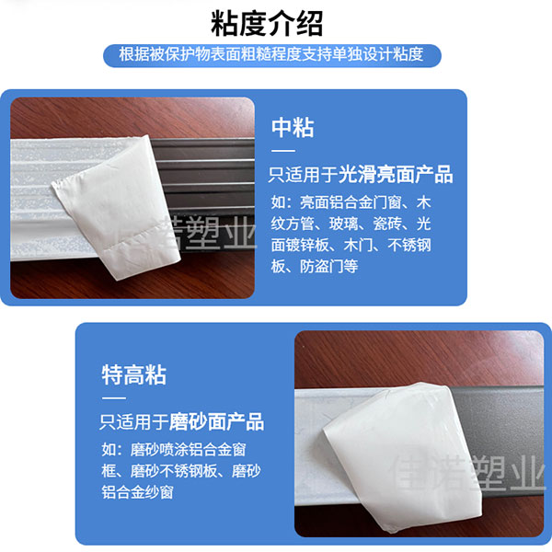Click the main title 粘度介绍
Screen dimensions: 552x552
267,24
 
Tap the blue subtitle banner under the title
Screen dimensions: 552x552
271,55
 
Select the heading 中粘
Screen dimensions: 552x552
293,128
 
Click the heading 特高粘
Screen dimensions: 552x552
133,375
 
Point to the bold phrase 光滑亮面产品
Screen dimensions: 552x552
396,174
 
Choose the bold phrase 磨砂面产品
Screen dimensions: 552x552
216,421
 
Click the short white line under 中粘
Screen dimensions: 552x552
283,151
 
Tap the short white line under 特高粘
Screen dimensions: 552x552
114,398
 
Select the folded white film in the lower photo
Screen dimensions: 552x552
401,457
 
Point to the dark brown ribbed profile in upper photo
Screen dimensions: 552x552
208,173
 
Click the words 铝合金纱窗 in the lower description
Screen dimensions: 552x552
138,492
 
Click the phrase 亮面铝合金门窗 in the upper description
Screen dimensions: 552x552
351,202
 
